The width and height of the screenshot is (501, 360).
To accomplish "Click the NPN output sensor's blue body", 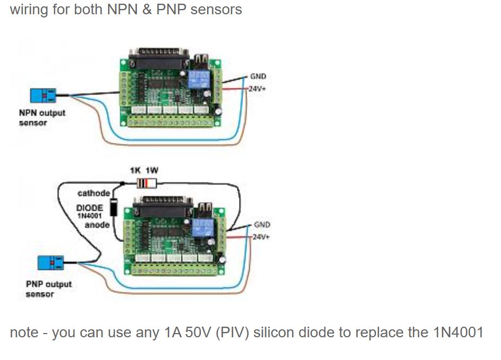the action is [43, 95].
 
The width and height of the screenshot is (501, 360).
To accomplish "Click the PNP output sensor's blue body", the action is [51, 263].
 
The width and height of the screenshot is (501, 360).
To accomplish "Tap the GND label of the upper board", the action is [258, 77].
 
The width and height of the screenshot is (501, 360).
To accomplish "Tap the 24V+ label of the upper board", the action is [257, 89].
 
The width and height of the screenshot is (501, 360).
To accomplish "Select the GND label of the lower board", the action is [262, 225].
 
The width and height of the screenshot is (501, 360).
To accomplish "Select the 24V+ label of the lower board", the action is [261, 237].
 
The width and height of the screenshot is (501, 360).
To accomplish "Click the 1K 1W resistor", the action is [147, 183].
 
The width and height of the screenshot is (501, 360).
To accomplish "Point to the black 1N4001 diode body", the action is [114, 207].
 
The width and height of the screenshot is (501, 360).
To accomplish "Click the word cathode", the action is [94, 193].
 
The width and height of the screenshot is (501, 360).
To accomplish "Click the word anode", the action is [97, 225].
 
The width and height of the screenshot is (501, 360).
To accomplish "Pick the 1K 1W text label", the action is [144, 170].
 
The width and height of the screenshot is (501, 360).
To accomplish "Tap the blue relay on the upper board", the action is [199, 79].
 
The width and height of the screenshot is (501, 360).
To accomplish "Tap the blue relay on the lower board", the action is [202, 227].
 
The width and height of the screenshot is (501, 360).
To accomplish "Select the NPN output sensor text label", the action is [42, 118].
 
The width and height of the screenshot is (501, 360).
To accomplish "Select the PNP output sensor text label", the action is [49, 289].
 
